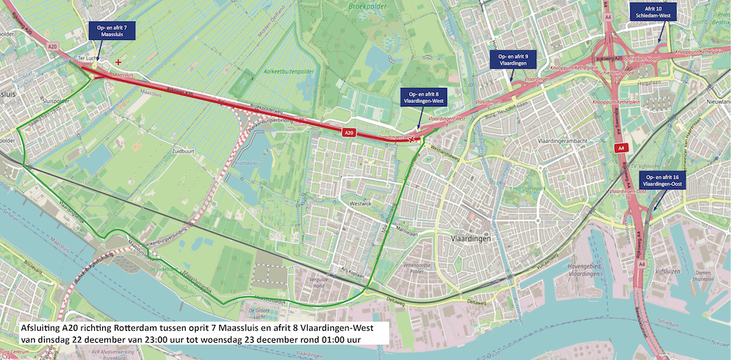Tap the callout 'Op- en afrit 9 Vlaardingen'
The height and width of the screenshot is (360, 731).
pos(513,59)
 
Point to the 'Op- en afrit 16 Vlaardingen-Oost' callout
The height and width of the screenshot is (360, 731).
pos(662,180)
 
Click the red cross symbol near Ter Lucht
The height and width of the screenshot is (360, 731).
pos(119,62)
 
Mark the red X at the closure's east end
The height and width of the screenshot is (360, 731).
pos(413,139)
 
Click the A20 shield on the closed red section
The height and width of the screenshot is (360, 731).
pos(348,132)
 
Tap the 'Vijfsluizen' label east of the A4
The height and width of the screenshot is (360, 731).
pos(666,272)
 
